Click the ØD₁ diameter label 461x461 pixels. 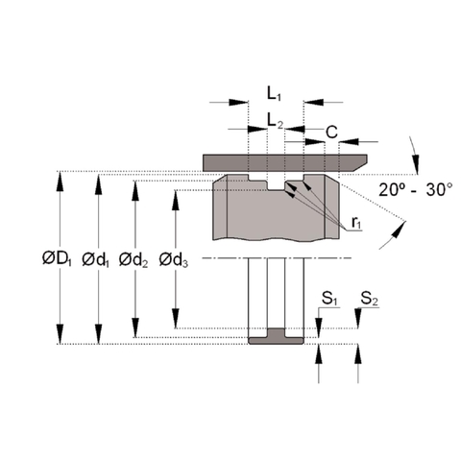click(56, 258)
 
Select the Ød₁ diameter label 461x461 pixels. click(96, 258)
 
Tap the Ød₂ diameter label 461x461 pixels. click(134, 258)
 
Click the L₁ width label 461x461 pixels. click(275, 94)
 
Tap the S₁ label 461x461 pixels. click(328, 300)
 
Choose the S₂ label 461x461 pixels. click(369, 300)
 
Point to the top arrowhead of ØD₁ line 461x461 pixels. click(61, 179)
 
